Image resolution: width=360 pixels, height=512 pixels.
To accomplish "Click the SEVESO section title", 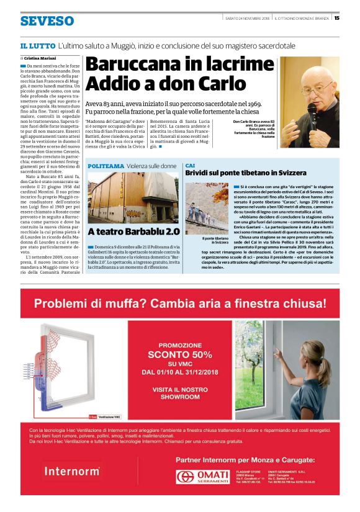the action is click(x=47, y=21).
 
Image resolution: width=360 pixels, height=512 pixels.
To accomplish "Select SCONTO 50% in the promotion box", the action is click(x=180, y=354).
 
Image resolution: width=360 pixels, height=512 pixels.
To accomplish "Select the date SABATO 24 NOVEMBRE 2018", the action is click(x=247, y=17).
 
